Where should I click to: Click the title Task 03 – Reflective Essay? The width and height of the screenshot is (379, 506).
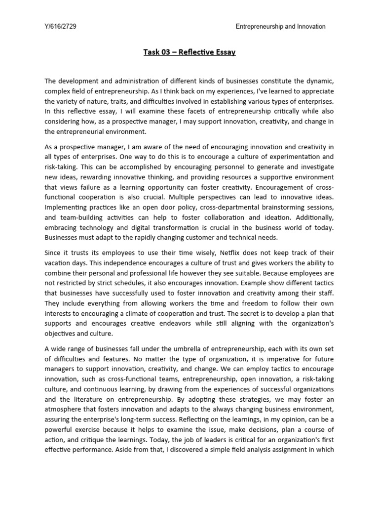point(189,52)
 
